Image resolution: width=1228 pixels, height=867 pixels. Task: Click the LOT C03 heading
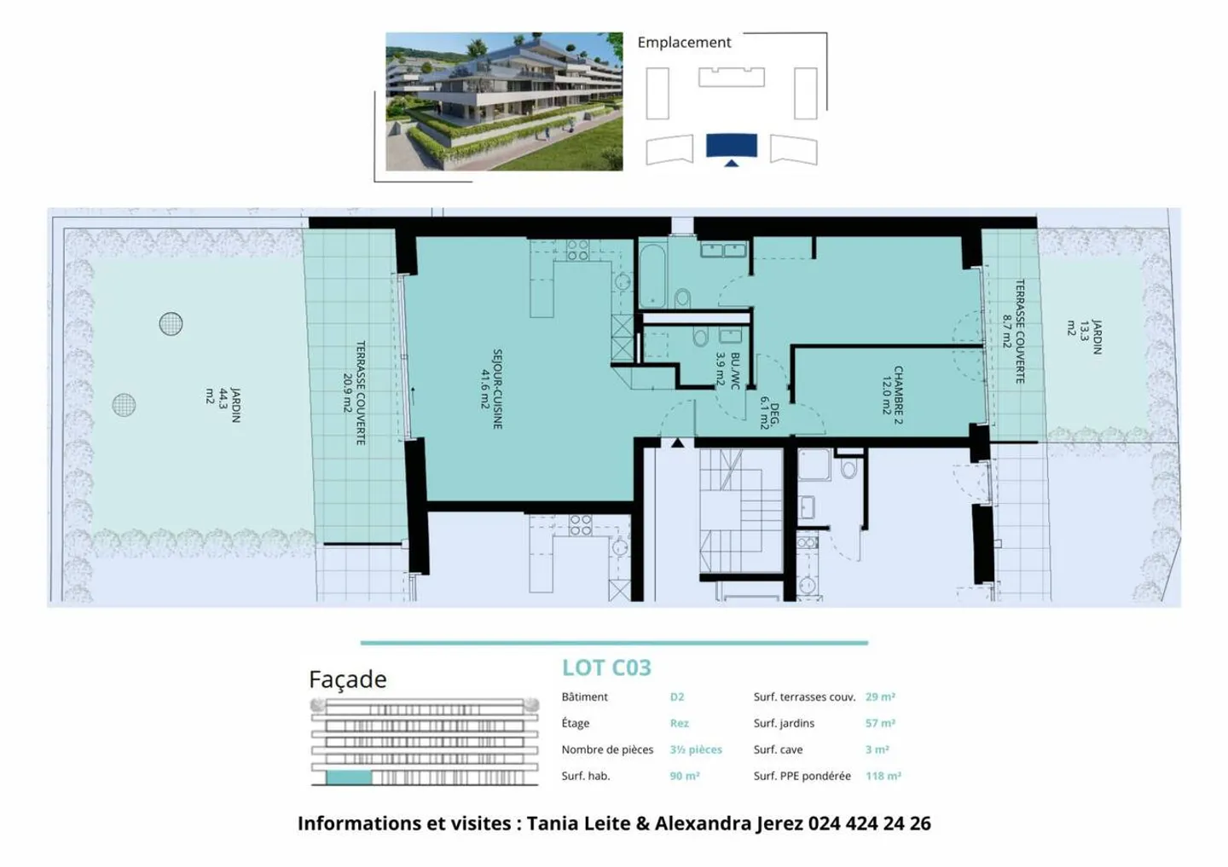(x=606, y=668)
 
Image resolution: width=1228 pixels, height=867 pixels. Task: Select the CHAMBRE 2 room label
(x=892, y=395)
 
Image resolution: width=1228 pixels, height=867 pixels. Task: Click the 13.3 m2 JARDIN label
(x=1085, y=337)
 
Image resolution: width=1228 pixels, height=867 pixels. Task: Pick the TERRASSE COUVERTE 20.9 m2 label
(x=354, y=393)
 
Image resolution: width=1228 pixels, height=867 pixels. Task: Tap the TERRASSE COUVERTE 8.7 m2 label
(x=1013, y=331)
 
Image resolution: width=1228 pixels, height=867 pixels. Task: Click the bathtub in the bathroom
(x=652, y=275)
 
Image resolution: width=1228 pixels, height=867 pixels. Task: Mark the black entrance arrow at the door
(x=677, y=442)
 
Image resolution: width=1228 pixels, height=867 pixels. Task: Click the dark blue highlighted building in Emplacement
(x=731, y=146)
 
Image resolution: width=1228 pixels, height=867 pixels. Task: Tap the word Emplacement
(x=684, y=43)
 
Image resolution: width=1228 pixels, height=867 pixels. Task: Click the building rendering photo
(x=504, y=101)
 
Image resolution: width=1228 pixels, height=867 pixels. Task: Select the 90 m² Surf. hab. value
(x=685, y=776)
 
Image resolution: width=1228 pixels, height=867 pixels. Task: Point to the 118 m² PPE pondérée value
(x=883, y=776)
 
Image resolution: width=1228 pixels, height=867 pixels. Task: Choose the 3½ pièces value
(x=696, y=749)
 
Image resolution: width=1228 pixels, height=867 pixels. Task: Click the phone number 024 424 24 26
(x=869, y=823)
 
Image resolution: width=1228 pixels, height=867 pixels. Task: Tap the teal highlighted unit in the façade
(x=349, y=777)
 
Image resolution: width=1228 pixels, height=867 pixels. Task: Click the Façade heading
(x=347, y=679)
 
